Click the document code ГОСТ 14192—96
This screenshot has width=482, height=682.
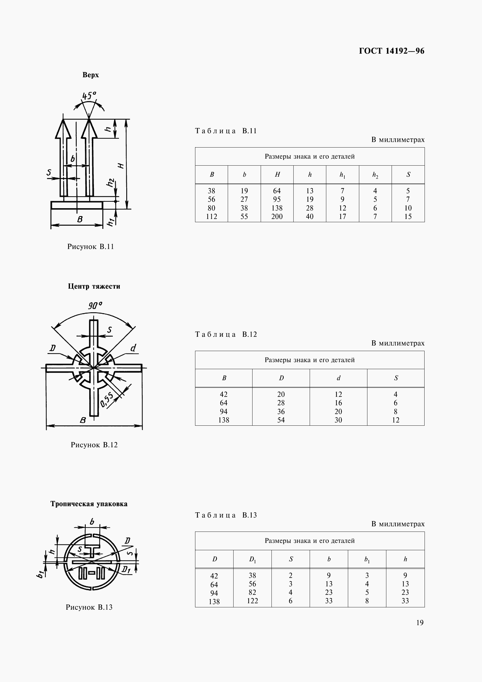[x=391, y=51]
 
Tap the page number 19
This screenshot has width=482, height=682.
[x=420, y=623]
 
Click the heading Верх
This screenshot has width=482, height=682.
[x=91, y=75]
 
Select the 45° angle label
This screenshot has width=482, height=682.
[x=89, y=96]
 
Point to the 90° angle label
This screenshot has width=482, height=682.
[x=95, y=305]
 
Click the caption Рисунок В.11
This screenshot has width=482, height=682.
[x=91, y=247]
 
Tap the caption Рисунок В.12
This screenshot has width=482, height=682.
[x=94, y=445]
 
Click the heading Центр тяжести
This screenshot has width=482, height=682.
[x=94, y=286]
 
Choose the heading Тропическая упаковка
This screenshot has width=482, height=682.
[x=89, y=504]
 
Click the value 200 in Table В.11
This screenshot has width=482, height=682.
[x=277, y=217]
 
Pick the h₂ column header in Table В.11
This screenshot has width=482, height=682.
[x=375, y=175]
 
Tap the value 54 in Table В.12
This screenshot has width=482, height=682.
[x=281, y=420]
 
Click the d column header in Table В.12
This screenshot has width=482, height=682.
[x=338, y=378]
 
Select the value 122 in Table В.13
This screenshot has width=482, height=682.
[x=253, y=601]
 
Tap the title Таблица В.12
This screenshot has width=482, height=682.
[x=226, y=334]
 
